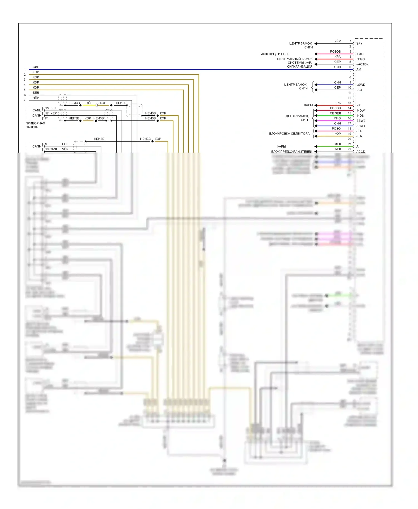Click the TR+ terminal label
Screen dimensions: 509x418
[359, 44]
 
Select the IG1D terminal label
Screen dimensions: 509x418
[360, 54]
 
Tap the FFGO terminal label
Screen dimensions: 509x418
[360, 59]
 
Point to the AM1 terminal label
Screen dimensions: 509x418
[359, 69]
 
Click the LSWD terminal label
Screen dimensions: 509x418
[361, 85]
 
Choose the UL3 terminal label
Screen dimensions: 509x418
[359, 90]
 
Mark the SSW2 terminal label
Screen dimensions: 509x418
[361, 121]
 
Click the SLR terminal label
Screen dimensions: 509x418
[359, 136]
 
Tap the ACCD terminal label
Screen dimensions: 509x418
[361, 151]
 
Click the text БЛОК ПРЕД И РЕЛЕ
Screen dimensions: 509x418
[274, 54]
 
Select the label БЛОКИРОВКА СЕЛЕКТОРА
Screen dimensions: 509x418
[289, 134]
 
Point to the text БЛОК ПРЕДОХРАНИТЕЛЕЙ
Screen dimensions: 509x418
[291, 151]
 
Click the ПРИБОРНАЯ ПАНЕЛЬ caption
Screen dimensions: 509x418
[35, 125]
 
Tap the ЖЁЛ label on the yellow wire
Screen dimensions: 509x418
[89, 103]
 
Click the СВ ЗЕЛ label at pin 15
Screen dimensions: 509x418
[335, 113]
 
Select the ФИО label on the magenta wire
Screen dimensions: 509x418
[337, 118]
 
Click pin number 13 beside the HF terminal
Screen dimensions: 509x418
[349, 103]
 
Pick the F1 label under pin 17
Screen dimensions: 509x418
[47, 118]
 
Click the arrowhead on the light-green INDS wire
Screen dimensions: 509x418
[316, 116]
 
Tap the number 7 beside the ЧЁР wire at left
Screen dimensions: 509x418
[25, 100]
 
